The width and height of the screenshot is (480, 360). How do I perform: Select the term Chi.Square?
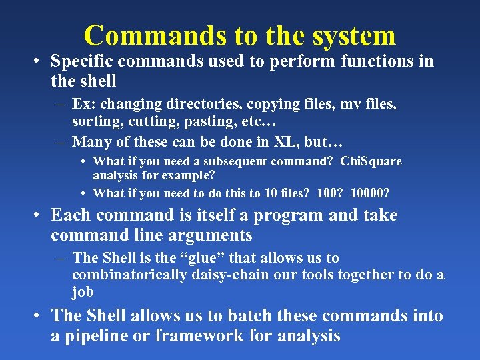(371, 161)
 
